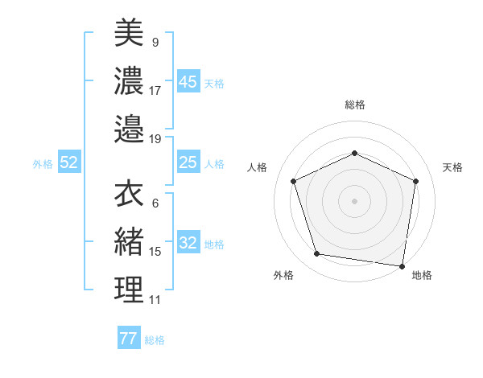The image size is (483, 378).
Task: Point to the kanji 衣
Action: pos(129,193)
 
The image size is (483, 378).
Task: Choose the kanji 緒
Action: pos(129,241)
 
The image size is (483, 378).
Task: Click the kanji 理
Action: pos(129,290)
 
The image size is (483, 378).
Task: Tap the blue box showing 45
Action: pos(188,82)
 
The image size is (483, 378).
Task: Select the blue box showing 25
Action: pos(188,162)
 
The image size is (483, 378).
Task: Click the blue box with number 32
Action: pos(188,244)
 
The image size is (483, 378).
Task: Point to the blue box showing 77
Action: pos(128,339)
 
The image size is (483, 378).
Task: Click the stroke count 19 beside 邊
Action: pos(155,138)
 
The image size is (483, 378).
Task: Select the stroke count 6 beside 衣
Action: pos(155,203)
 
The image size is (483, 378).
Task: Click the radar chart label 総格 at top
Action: pos(355,105)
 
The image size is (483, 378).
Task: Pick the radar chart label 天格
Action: pos(453,167)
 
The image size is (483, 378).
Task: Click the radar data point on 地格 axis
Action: pos(402,265)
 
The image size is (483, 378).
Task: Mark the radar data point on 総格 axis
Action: pos(354,153)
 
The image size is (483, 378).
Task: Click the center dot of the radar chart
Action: pos(354,200)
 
